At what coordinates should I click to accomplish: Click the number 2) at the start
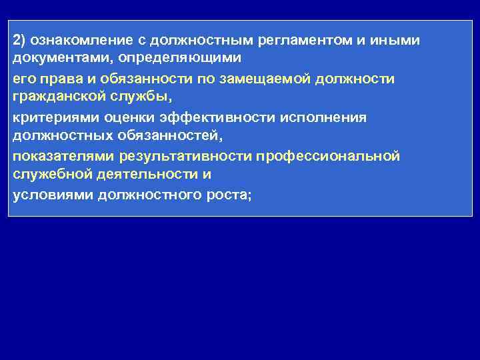coord(19,41)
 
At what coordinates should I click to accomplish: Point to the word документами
coord(50,58)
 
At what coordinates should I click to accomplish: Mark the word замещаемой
coord(262,79)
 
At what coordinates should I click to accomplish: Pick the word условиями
coord(52,195)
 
